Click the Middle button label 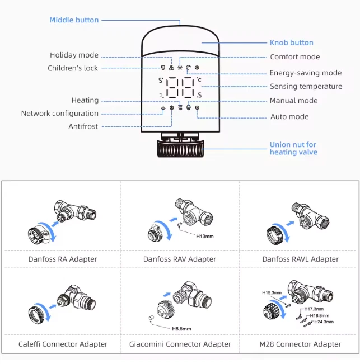[x=74, y=20]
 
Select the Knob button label [x=291, y=42]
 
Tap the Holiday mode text [x=74, y=55]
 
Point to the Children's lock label [x=73, y=68]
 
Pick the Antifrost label [x=83, y=126]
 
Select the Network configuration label [x=59, y=114]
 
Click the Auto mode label [x=289, y=117]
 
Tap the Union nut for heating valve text [x=293, y=148]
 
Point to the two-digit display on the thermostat [x=180, y=88]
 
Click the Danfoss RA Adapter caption [x=63, y=259]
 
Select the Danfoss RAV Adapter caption [x=179, y=259]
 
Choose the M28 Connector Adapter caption [x=301, y=344]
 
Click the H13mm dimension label [x=205, y=237]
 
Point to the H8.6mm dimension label [x=182, y=328]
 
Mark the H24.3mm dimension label [x=324, y=322]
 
